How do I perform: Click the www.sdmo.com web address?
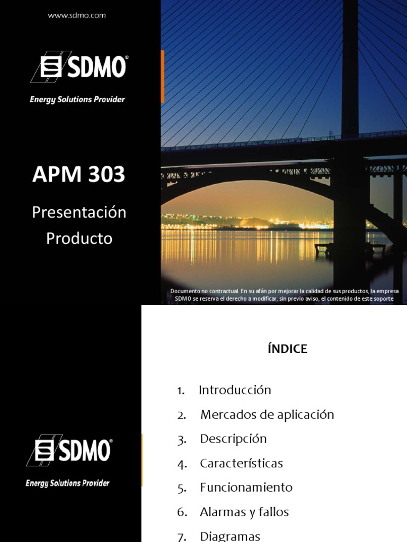pos(77,15)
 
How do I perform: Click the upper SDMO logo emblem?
pos(50,68)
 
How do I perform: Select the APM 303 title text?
pos(79,175)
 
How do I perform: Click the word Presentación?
pos(79,213)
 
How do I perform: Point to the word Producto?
pos(79,239)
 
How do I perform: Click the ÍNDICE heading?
pos(287,349)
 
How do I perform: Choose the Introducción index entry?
pos(235,391)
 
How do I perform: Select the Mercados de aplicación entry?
pos(267,415)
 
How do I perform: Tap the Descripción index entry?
pos(233,439)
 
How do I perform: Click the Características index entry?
pos(241,464)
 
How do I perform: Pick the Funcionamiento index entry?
pos(246,487)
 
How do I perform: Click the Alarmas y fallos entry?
pos(244,512)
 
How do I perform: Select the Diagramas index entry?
pos(230,536)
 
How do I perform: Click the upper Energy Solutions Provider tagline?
pos(77,100)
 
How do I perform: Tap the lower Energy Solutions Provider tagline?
pos(68,483)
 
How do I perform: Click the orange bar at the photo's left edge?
pos(162,76)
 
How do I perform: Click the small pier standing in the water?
pos(350,248)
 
